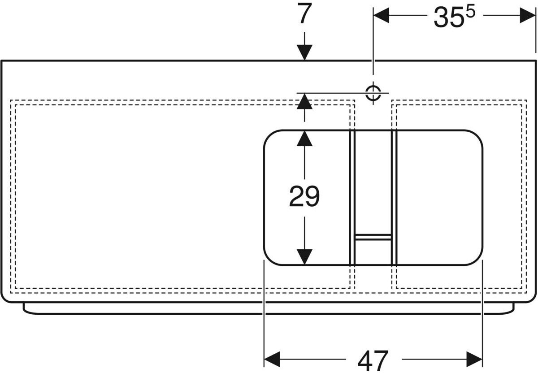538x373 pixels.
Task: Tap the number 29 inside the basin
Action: [x=304, y=196]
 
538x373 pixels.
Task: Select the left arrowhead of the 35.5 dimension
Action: [x=381, y=16]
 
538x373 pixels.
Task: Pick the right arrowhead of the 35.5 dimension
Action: [x=527, y=16]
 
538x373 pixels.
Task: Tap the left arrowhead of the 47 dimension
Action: [x=272, y=359]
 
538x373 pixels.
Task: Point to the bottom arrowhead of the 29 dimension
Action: [x=304, y=257]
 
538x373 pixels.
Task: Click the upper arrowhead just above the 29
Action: [x=304, y=139]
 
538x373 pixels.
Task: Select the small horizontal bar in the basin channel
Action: [x=373, y=237]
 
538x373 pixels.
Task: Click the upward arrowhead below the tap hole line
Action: [x=304, y=101]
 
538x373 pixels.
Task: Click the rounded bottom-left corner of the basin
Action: [x=269, y=259]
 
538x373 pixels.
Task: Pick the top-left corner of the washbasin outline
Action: [x=2, y=61]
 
